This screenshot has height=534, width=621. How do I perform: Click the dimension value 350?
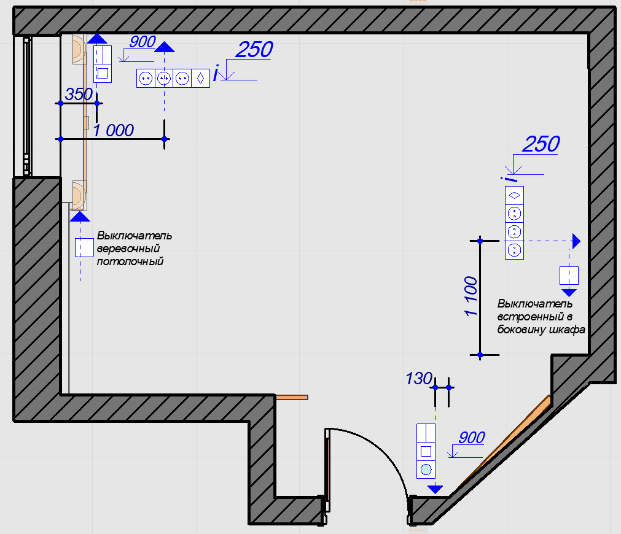tap(79, 95)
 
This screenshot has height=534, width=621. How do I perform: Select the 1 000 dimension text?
tap(113, 130)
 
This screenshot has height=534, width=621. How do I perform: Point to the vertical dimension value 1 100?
tap(471, 296)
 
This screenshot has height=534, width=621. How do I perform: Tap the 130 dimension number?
tap(419, 379)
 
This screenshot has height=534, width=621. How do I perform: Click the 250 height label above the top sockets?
tap(254, 50)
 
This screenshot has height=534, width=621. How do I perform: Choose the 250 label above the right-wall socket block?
tap(541, 144)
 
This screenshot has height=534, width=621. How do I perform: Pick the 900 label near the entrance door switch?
tap(472, 438)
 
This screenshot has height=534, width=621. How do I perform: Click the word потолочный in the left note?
tap(130, 261)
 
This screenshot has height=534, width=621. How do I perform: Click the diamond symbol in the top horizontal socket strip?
tap(200, 79)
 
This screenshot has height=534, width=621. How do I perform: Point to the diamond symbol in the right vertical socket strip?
tap(514, 195)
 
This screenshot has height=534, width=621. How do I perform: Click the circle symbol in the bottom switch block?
tap(426, 471)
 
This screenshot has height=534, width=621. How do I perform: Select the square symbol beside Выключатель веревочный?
tap(84, 247)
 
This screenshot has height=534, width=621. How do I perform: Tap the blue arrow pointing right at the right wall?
tap(576, 241)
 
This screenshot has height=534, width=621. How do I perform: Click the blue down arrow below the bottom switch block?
tap(435, 489)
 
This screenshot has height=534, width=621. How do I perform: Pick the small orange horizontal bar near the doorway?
tap(291, 398)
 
